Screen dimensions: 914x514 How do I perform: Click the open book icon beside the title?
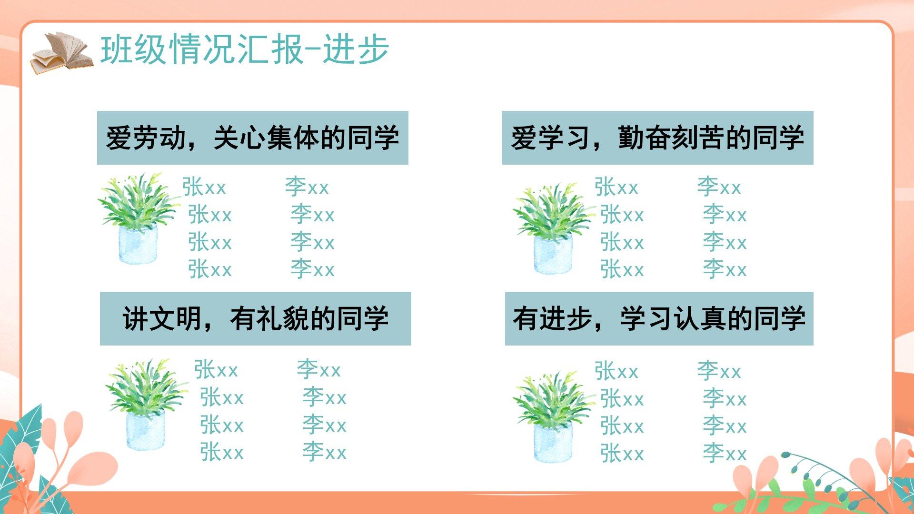tap(62, 52)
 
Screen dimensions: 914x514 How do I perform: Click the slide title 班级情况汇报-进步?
tap(245, 49)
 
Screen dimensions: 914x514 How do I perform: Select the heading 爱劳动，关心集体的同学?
tap(253, 138)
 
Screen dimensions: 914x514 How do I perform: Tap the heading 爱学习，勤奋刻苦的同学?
tap(658, 138)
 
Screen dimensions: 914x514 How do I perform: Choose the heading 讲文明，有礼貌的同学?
tap(256, 318)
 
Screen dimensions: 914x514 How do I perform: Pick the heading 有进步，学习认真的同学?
tap(659, 318)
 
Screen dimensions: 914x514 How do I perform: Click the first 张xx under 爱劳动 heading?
tap(204, 187)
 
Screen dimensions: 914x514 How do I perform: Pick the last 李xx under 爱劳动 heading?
tap(313, 269)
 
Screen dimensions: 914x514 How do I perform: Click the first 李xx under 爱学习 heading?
tap(719, 187)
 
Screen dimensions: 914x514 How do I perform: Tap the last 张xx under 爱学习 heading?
tap(622, 269)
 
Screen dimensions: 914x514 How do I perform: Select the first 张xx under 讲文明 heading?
tap(216, 370)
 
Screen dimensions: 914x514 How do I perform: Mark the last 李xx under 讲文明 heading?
tap(325, 452)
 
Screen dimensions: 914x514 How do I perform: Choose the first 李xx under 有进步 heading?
tap(719, 371)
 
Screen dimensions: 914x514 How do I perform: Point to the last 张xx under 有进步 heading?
tap(622, 453)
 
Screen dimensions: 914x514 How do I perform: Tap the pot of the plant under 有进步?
tap(553, 443)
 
